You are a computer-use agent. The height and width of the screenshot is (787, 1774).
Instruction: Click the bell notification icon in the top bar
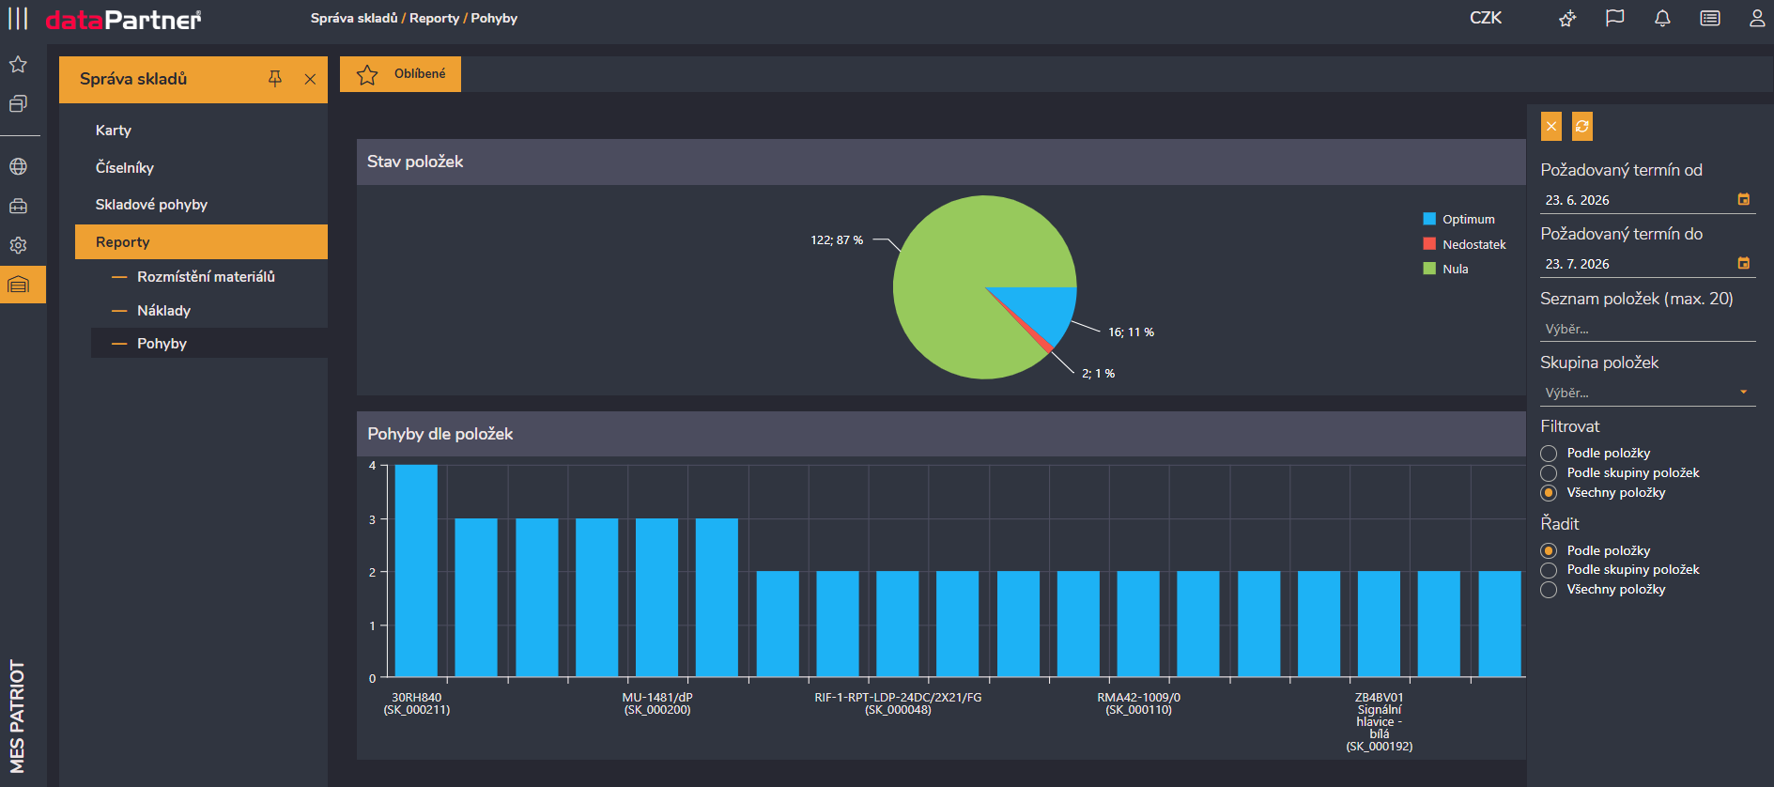click(1662, 18)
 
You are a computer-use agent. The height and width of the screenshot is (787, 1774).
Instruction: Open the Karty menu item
click(114, 131)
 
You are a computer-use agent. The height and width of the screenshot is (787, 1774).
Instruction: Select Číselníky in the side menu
click(125, 167)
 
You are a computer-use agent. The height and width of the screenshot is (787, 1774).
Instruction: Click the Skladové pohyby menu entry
click(151, 205)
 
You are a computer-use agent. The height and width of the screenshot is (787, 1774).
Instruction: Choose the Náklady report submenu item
click(163, 310)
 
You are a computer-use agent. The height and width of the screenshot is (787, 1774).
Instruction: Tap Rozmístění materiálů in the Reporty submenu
click(206, 276)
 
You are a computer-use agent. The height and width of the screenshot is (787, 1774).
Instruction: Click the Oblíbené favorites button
click(400, 74)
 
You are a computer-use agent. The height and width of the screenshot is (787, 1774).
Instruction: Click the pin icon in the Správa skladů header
click(275, 79)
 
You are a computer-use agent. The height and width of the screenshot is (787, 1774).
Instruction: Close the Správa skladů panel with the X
click(310, 79)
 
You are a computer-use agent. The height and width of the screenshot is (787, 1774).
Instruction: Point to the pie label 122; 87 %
click(837, 240)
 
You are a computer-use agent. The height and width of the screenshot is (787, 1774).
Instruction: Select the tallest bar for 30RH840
click(416, 571)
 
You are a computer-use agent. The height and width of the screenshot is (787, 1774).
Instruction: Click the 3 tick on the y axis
click(373, 519)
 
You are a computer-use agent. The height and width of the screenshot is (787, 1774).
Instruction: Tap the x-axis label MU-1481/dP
click(657, 698)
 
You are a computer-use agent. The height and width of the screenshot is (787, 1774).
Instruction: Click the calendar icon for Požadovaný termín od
click(1743, 199)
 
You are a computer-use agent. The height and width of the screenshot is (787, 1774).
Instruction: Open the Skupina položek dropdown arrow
click(1743, 393)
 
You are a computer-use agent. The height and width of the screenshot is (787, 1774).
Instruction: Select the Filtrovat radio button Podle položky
click(1549, 454)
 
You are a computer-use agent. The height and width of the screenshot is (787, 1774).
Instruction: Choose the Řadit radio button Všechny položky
click(1549, 590)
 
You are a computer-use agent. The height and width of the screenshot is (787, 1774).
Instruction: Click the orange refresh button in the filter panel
click(1582, 126)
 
